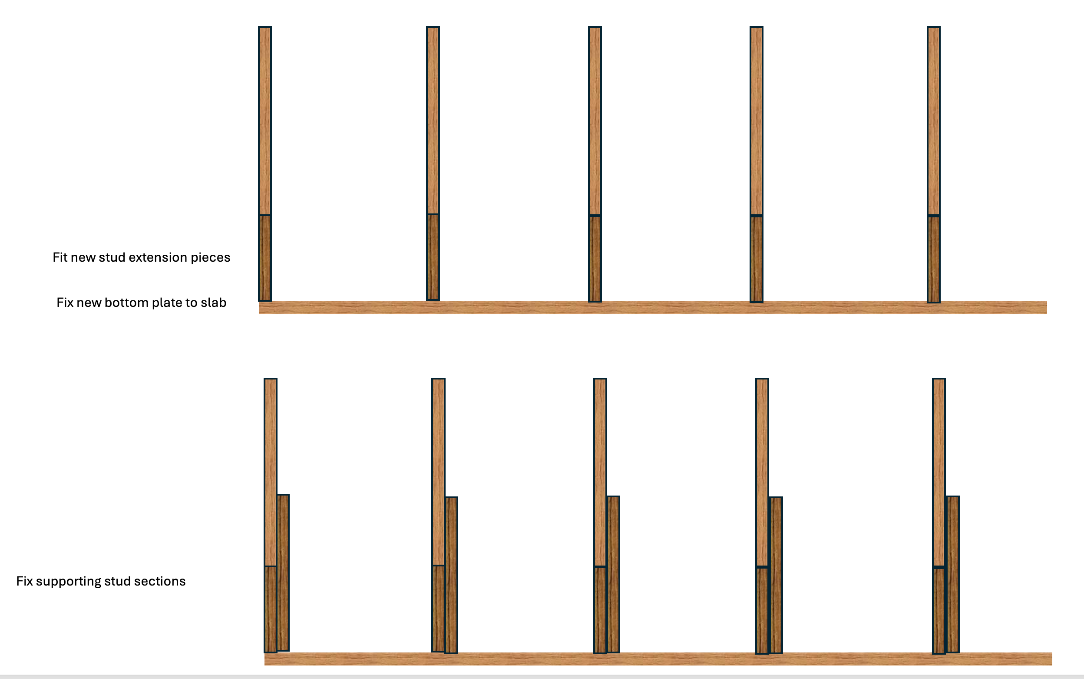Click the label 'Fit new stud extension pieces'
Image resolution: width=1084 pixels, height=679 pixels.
[141, 257]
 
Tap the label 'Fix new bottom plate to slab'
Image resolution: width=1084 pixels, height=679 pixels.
[141, 303]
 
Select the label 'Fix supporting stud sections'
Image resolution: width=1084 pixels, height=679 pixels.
[101, 581]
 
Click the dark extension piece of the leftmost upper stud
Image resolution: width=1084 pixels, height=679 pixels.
[265, 258]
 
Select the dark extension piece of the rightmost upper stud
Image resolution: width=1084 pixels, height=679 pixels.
[934, 259]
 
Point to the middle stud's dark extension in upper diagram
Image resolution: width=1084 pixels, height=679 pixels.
[595, 259]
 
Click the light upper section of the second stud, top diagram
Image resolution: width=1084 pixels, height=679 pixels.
[433, 120]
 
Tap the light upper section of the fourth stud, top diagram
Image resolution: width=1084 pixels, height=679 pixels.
[757, 121]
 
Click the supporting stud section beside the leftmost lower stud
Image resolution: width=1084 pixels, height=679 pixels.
[283, 572]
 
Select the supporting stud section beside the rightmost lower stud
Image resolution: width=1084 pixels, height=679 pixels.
[952, 574]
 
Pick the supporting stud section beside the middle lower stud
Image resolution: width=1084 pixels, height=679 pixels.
[613, 574]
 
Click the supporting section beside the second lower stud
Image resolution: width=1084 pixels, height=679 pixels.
[451, 575]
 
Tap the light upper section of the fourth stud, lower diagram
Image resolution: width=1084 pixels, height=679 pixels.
[762, 473]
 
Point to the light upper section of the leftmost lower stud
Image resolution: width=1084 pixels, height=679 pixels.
[271, 472]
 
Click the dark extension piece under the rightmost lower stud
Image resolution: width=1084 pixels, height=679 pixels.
[939, 611]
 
